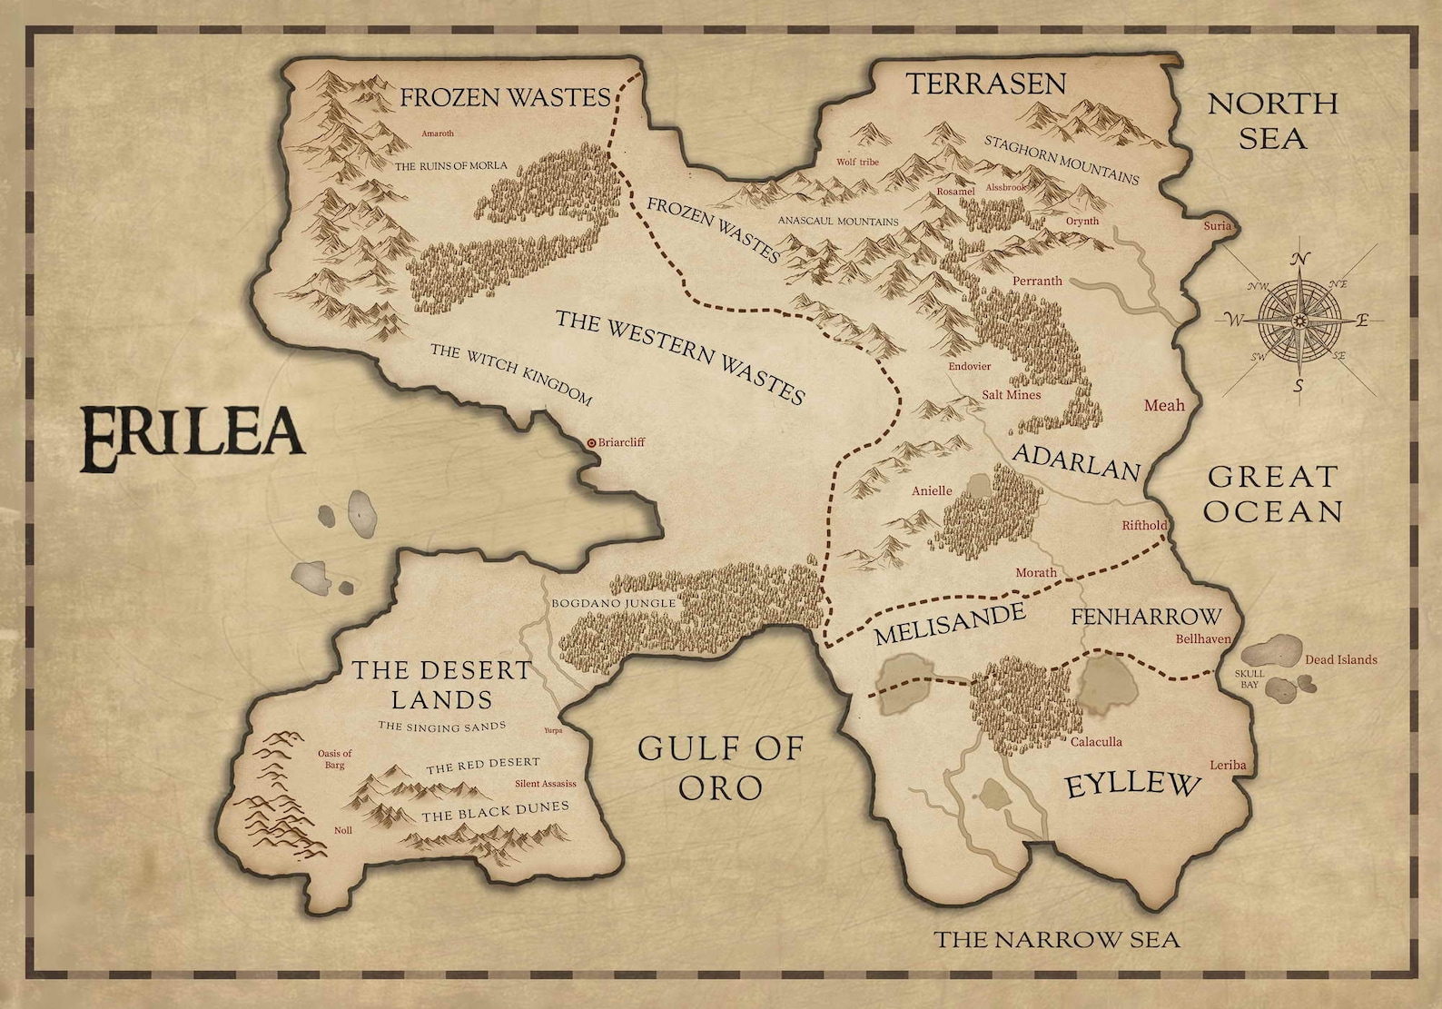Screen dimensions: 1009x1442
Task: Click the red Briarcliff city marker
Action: [591, 443]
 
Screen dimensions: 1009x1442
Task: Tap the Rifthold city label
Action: [1144, 526]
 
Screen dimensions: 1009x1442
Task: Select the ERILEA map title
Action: [192, 439]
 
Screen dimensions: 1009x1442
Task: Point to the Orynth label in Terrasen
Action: [1082, 221]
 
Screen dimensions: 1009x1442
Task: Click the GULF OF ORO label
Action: [721, 767]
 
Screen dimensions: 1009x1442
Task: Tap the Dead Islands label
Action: [1340, 660]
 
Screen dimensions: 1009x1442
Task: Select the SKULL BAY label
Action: [1249, 678]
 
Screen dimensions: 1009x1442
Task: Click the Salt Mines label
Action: [1012, 395]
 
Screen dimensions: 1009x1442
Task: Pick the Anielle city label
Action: [932, 491]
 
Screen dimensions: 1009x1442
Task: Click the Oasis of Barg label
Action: [334, 759]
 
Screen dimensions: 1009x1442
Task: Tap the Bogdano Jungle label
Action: [614, 603]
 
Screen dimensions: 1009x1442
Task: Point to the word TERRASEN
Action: [986, 84]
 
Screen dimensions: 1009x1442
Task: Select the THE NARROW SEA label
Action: [1057, 939]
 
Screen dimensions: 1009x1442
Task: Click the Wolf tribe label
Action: [857, 163]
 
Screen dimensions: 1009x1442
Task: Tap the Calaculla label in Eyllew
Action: [1096, 742]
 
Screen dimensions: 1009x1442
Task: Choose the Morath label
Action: [1036, 573]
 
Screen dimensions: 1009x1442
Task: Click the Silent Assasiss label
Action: [545, 784]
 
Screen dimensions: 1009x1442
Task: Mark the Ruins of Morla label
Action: [450, 166]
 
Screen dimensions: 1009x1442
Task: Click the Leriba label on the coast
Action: [1228, 766]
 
